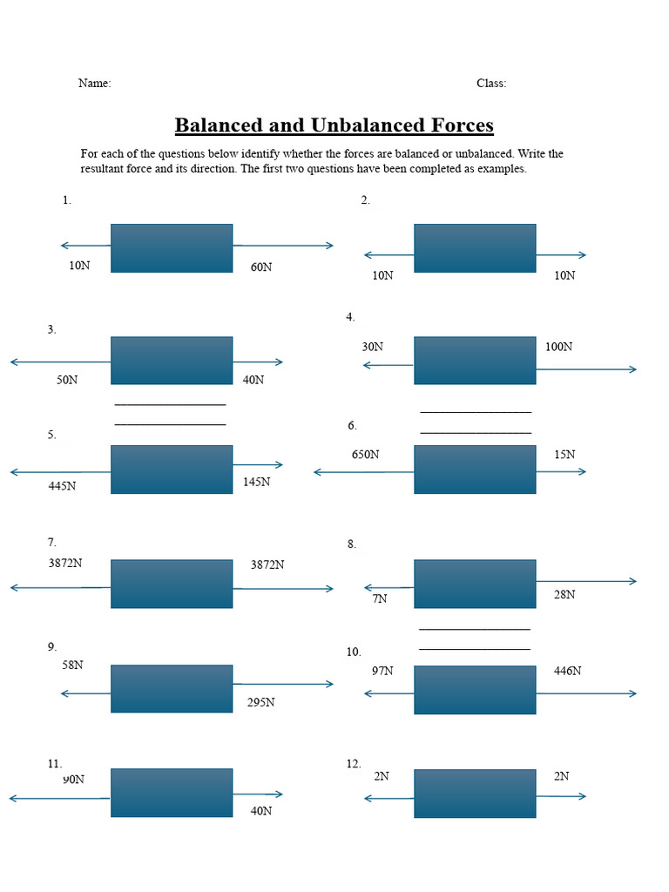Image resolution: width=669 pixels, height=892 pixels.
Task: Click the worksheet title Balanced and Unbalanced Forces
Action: click(334, 125)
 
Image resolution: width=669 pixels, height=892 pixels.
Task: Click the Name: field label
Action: click(94, 84)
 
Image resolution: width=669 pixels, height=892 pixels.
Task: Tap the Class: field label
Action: click(491, 84)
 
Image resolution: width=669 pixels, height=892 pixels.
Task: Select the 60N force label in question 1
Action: click(261, 267)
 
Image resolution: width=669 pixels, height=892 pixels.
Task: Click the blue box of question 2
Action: click(475, 248)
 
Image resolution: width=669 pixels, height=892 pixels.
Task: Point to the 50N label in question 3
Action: click(67, 380)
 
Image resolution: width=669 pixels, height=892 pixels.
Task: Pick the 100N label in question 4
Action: click(558, 347)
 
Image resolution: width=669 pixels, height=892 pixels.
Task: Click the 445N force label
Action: click(62, 486)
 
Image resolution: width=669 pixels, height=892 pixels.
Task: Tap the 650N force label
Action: click(365, 455)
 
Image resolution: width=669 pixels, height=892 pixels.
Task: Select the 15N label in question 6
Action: click(564, 455)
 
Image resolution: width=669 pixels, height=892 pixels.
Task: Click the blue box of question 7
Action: click(172, 584)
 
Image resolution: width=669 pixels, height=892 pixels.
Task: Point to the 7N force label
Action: click(380, 599)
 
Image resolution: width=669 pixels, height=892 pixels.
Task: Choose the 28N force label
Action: click(564, 595)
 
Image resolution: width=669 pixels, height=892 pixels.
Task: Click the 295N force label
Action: click(260, 703)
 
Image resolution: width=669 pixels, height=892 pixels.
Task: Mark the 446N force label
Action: click(567, 671)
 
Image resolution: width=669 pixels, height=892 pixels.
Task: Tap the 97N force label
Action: click(382, 671)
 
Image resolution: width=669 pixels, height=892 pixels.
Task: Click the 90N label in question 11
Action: click(73, 780)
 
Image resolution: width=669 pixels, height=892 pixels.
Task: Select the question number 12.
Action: click(353, 764)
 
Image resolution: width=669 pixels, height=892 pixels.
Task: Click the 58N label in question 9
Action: click(72, 666)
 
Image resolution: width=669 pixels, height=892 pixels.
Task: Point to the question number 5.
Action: click(51, 436)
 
